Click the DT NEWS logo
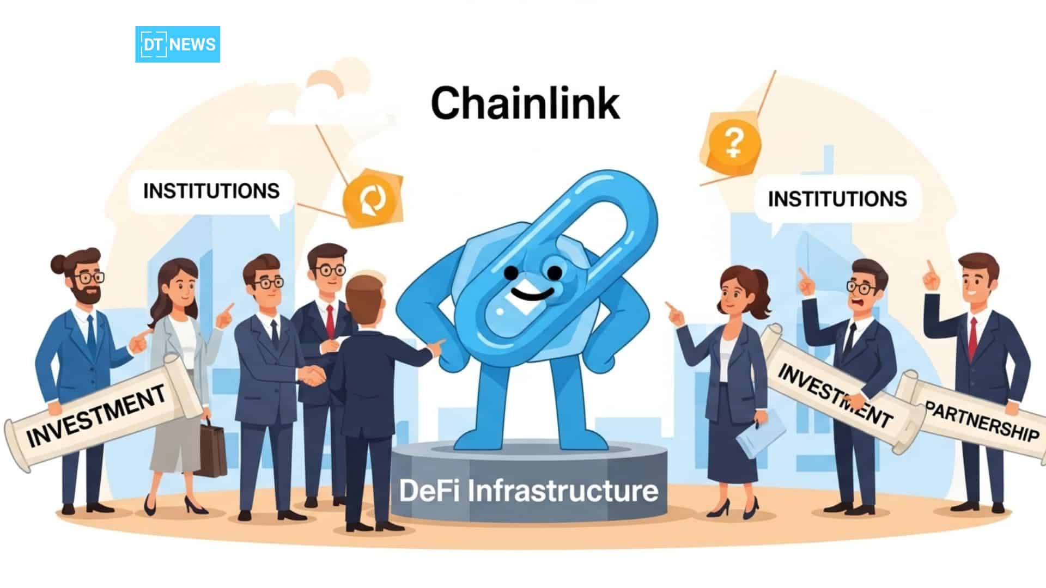tap(178, 44)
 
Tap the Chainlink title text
tap(525, 103)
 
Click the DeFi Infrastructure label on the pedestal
tap(528, 491)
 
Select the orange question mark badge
tap(734, 141)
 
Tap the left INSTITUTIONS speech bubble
tap(211, 191)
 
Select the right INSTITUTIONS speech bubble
tap(837, 199)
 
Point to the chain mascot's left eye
tap(510, 271)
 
